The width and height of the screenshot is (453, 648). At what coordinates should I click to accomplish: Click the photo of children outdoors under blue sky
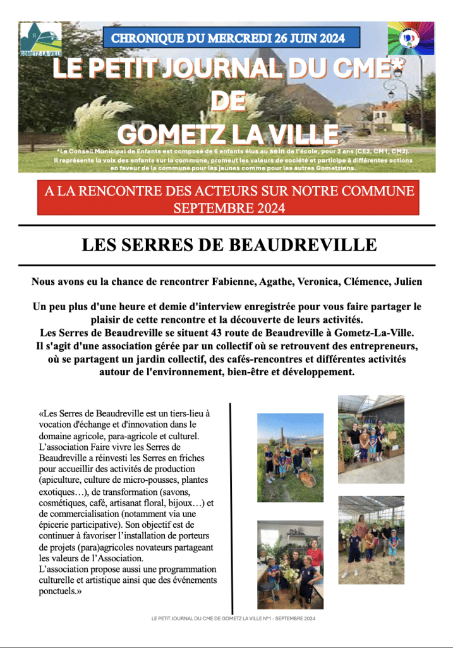tap(290, 458)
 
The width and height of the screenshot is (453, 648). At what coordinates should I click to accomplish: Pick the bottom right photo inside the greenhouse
tap(371, 539)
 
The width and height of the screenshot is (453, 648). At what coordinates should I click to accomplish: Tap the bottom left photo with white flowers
tap(290, 564)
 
